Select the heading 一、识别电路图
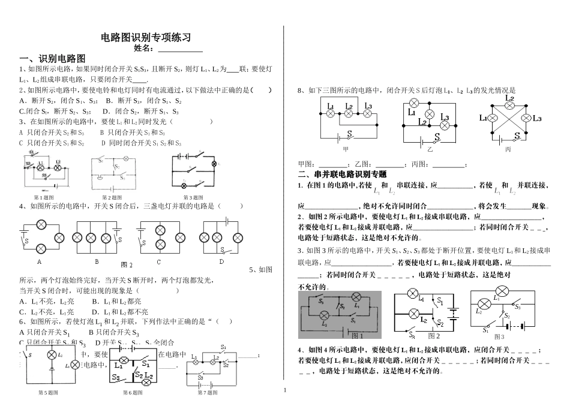[x=53, y=59]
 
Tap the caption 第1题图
[x=44, y=197]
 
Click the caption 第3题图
[x=194, y=197]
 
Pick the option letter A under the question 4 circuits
[x=40, y=261]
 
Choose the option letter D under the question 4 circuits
[x=221, y=261]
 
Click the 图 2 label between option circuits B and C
[x=127, y=264]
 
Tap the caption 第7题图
[x=208, y=392]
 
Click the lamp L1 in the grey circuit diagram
[x=356, y=297]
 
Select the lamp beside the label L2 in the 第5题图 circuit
[x=52, y=355]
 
